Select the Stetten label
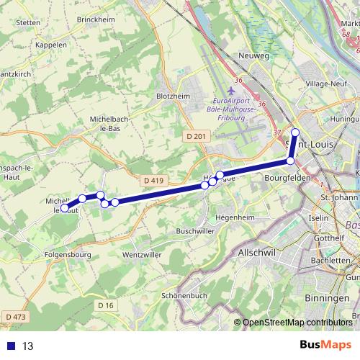(27, 22)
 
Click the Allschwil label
(258, 255)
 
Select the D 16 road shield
(106, 306)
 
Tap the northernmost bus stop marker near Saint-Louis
(295, 132)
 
